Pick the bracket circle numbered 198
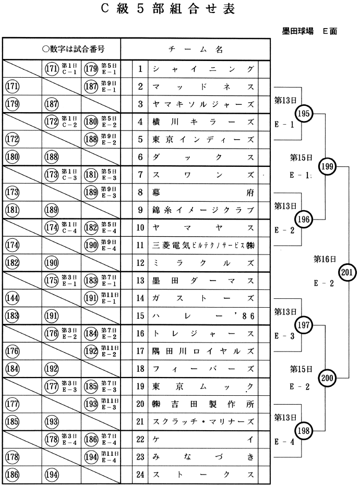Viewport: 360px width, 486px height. [303, 431]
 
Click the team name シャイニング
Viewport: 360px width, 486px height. [203, 69]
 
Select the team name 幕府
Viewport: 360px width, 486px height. [203, 192]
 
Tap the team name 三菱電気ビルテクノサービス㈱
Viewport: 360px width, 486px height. [203, 246]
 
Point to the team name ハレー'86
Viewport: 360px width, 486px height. [203, 315]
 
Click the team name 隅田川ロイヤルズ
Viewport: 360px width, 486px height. [203, 351]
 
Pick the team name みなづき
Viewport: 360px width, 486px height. [203, 457]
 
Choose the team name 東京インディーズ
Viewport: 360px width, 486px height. [203, 140]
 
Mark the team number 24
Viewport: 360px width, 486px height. [140, 475]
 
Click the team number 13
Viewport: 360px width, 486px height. [140, 281]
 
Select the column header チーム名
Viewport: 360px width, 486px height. [196, 50]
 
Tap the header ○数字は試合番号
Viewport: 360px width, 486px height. [74, 50]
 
